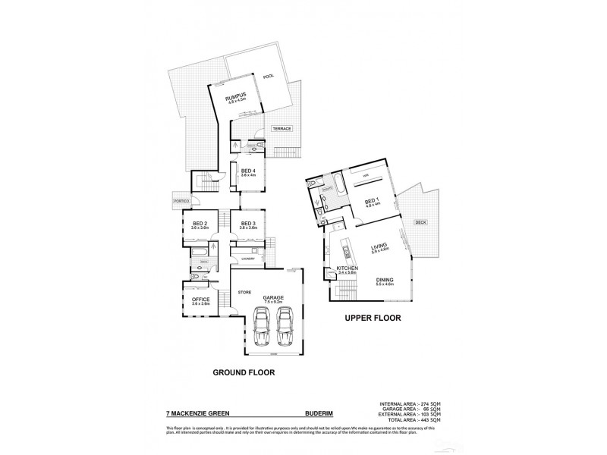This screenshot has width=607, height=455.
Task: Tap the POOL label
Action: point(267,77)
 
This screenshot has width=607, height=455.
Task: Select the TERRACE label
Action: point(282,129)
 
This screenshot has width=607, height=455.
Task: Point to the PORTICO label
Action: point(181,200)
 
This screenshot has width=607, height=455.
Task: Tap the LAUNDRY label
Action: point(247,259)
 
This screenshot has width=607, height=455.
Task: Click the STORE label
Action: point(244,291)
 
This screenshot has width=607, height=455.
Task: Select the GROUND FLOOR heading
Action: point(243,372)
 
